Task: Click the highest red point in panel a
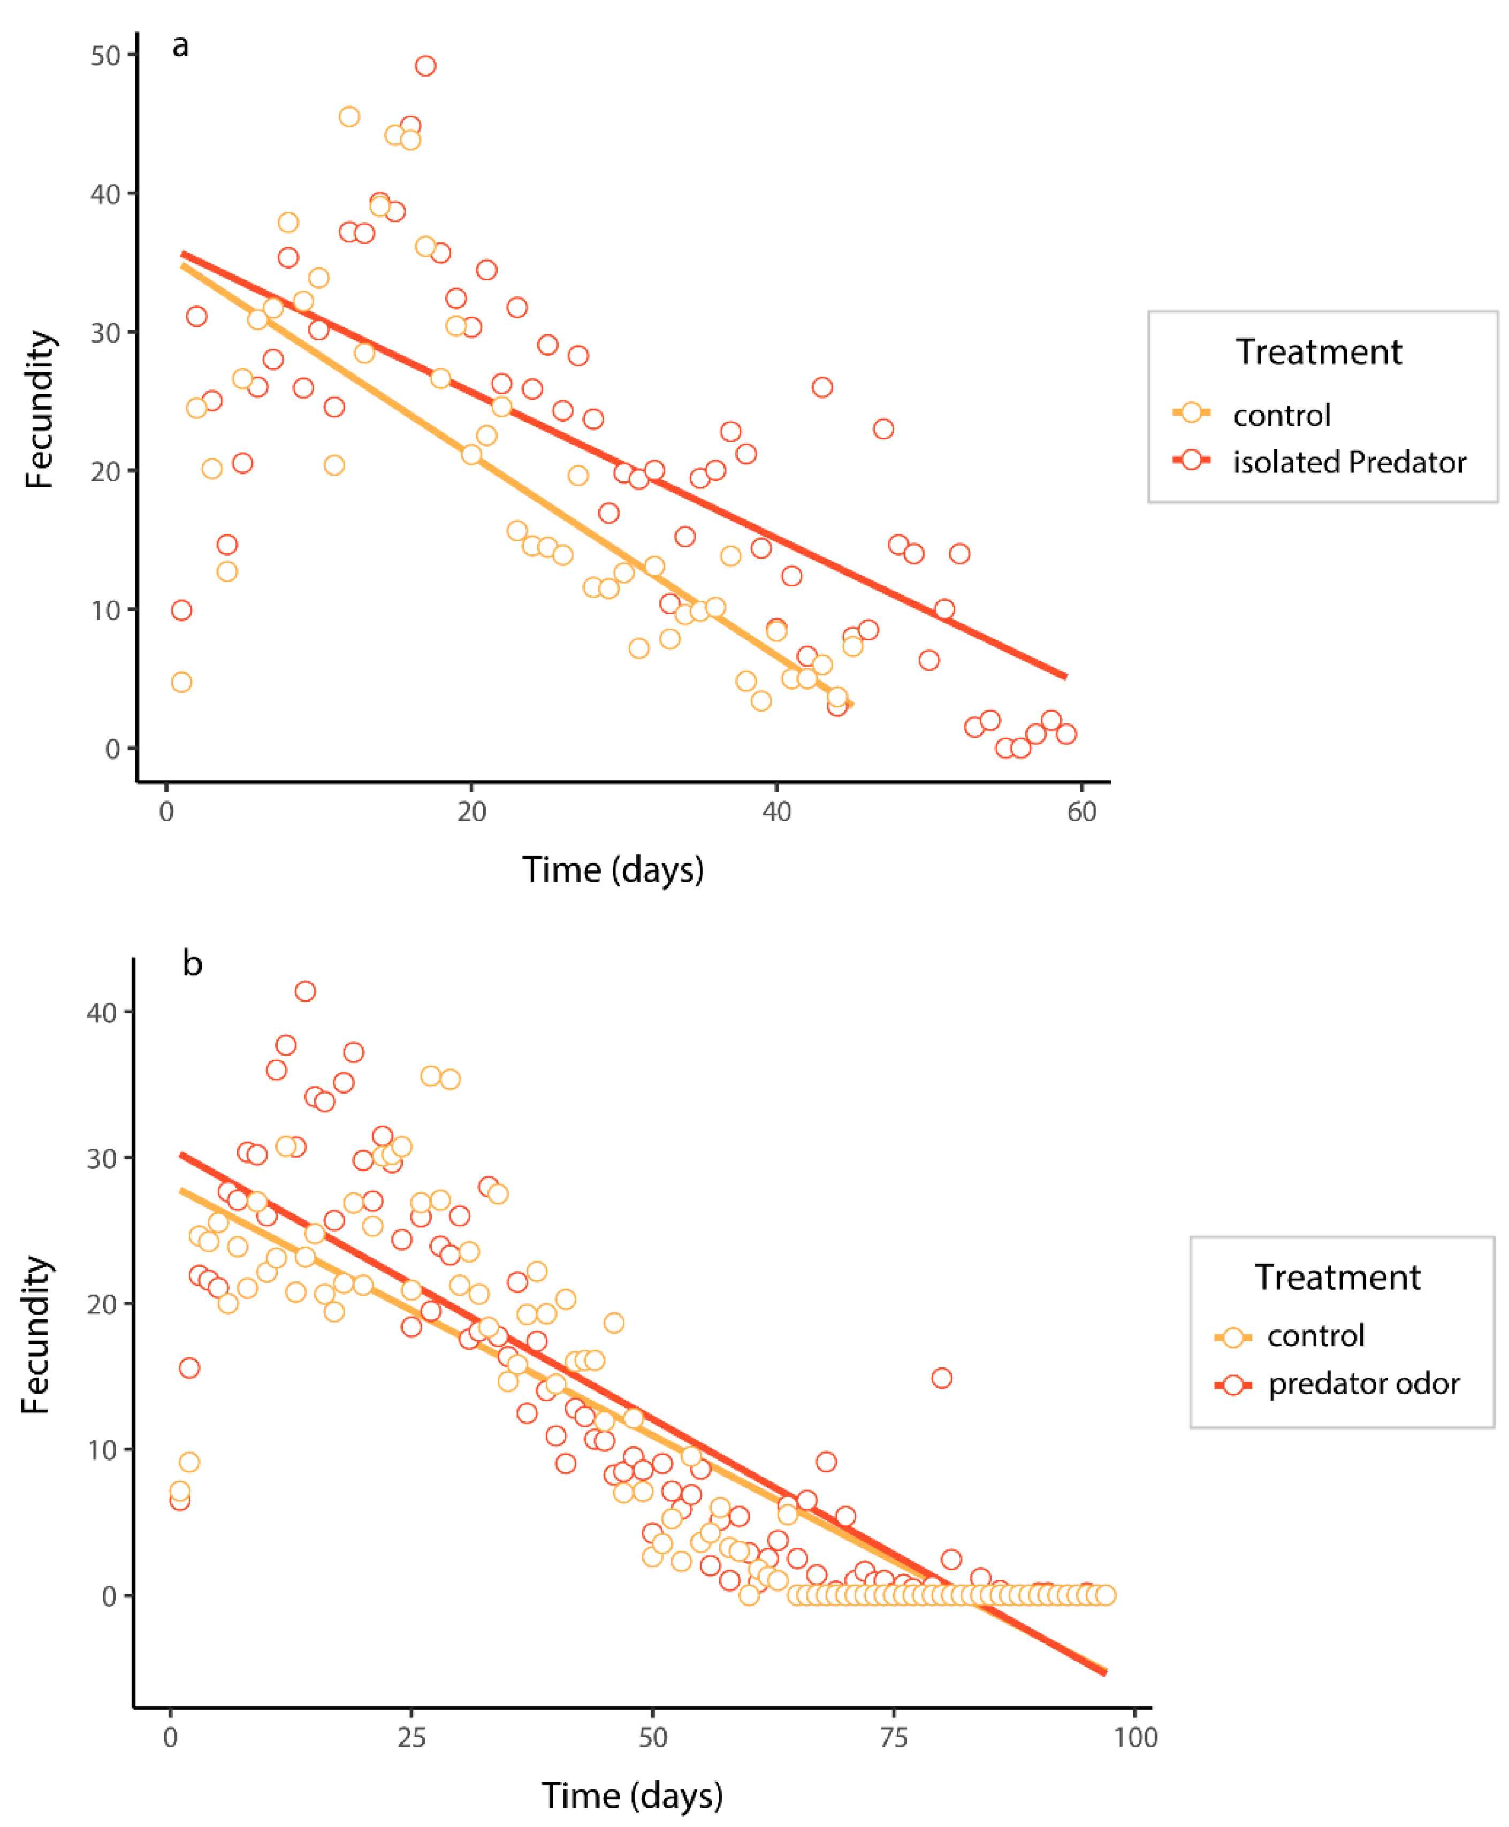(x=425, y=66)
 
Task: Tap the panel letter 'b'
(x=192, y=964)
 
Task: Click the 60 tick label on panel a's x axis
(x=1081, y=812)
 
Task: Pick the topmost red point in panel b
(x=305, y=992)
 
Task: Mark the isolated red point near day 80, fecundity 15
(x=941, y=1379)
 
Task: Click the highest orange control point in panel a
(x=349, y=117)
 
